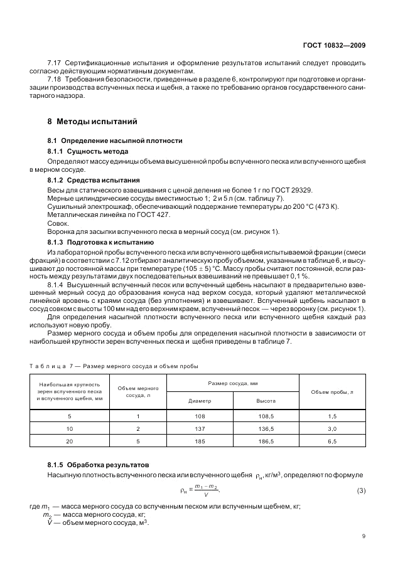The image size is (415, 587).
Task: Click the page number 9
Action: point(364,536)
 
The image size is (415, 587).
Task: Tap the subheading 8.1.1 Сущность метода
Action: point(88,152)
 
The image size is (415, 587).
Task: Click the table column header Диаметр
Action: point(200,400)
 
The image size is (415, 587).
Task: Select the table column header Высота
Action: point(266,400)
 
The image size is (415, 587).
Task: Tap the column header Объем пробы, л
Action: point(332,391)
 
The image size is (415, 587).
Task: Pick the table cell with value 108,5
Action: point(266,416)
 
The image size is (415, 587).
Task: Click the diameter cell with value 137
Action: point(200,428)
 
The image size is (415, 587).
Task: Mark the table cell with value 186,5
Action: point(266,442)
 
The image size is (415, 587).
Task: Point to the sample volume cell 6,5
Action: point(332,442)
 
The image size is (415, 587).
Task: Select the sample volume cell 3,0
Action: point(332,428)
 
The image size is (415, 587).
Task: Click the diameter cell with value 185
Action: point(200,442)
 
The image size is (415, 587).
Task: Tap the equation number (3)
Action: point(361,490)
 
